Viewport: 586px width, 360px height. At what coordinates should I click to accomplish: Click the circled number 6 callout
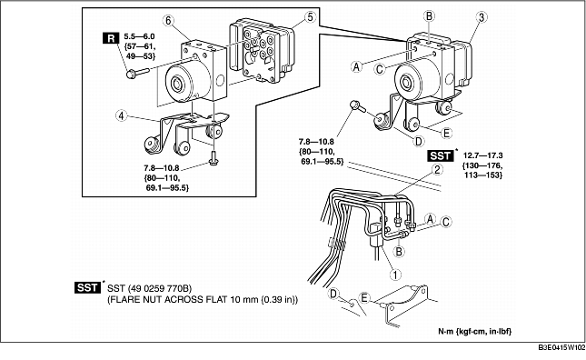(x=169, y=21)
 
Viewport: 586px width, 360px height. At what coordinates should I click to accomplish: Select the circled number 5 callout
(x=310, y=17)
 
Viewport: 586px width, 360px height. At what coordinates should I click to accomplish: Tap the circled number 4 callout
(x=121, y=115)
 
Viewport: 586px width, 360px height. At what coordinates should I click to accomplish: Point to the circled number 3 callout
(x=482, y=17)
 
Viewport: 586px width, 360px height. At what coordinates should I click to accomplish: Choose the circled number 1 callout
(x=395, y=275)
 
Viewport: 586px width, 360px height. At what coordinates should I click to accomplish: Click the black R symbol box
(x=111, y=38)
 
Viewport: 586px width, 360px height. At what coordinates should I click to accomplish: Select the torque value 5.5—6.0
(x=139, y=36)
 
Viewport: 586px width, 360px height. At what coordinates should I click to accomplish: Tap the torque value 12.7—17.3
(x=482, y=155)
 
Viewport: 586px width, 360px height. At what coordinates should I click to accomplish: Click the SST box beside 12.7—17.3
(x=441, y=155)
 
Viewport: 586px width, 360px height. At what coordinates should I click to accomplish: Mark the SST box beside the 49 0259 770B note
(x=87, y=287)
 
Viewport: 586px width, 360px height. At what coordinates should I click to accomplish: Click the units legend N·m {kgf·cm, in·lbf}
(x=474, y=331)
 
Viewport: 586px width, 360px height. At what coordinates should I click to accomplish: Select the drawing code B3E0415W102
(x=561, y=347)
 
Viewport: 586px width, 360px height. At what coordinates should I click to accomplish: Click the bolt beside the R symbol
(x=137, y=72)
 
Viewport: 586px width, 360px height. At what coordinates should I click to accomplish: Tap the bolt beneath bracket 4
(x=214, y=158)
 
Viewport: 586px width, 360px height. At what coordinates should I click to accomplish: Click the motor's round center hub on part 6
(x=177, y=85)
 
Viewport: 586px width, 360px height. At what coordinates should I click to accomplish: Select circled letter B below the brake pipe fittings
(x=399, y=251)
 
